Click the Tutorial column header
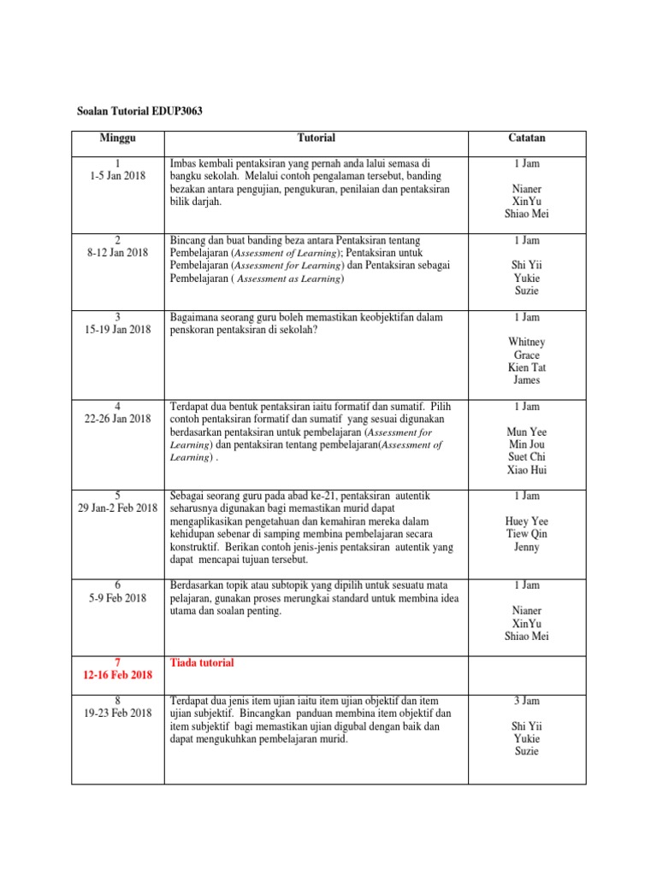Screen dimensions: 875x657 tap(316, 138)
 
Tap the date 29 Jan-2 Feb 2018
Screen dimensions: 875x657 tap(118, 508)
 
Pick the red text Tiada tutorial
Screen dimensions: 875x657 tap(203, 662)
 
